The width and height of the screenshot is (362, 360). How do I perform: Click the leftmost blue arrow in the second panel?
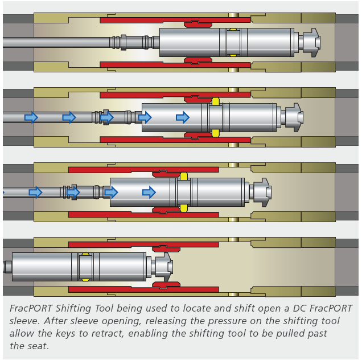[31, 117]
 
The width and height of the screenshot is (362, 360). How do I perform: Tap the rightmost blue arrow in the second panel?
[182, 117]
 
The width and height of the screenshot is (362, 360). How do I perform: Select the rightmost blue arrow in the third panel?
[149, 193]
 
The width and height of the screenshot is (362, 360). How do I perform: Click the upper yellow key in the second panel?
[216, 101]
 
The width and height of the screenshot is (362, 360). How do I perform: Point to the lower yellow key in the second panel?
[216, 133]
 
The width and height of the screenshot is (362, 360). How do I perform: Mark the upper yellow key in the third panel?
[184, 176]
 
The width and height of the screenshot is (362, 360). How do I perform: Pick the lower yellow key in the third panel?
[184, 208]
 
